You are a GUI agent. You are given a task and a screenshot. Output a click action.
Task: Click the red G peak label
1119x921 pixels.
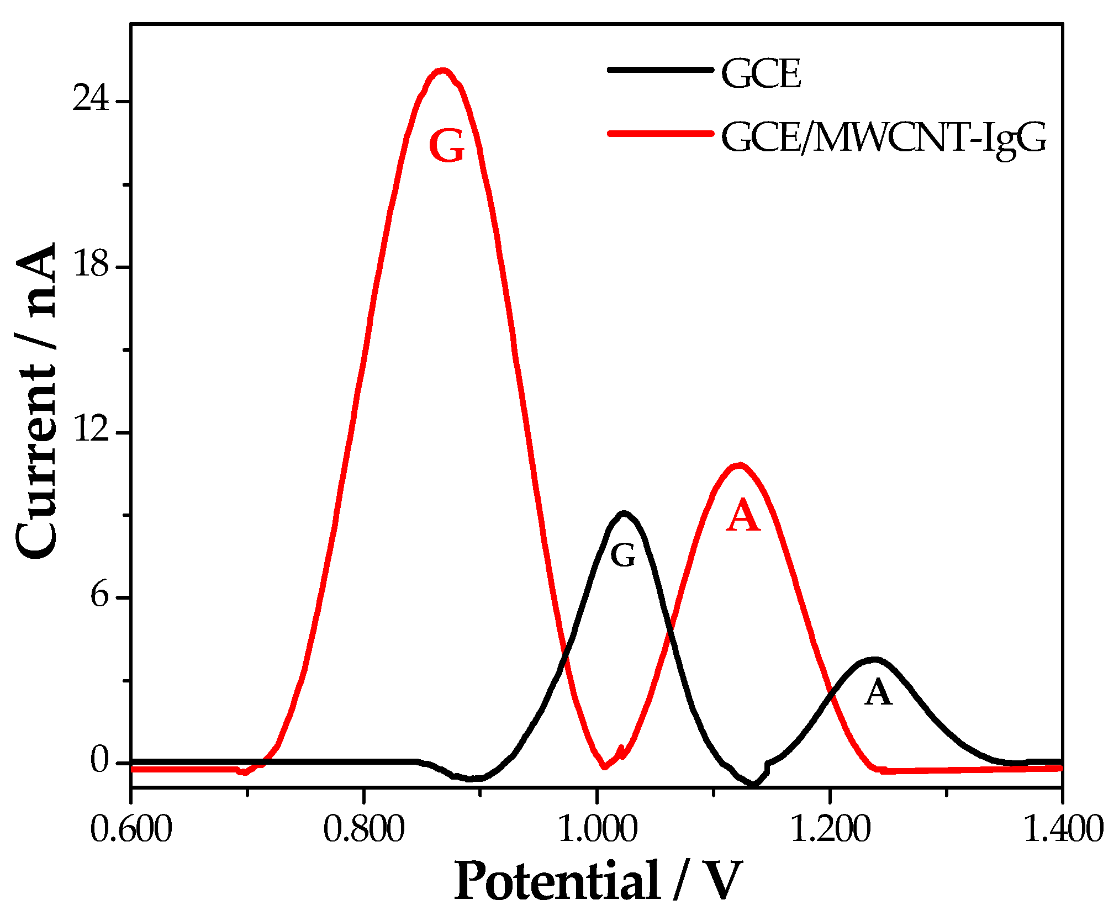point(446,146)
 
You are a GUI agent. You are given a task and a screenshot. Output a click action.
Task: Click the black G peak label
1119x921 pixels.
point(623,555)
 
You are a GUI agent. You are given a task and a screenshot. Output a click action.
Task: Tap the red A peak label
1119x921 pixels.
point(743,516)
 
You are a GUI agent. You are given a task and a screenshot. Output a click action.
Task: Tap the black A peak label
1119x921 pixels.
point(878,692)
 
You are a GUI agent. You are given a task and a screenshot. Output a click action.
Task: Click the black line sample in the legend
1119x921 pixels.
point(660,70)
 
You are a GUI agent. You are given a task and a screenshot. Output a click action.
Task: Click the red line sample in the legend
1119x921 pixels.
point(660,133)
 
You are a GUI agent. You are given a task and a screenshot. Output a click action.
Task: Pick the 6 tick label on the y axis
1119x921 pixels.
point(99,596)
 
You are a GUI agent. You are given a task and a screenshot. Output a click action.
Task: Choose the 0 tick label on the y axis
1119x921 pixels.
point(99,761)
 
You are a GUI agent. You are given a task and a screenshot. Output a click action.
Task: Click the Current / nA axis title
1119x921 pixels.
point(36,400)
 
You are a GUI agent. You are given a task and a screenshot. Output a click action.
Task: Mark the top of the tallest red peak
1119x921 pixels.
point(442,70)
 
